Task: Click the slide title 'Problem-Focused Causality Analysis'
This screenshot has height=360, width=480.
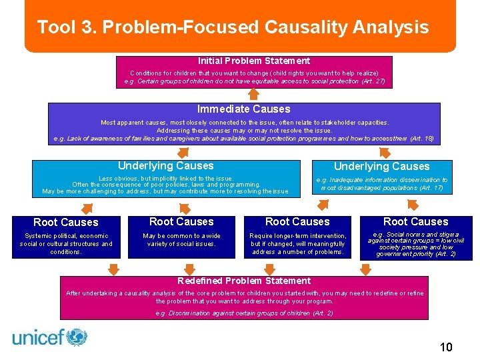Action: pos(264,27)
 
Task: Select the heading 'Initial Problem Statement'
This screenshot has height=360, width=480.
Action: pos(253,61)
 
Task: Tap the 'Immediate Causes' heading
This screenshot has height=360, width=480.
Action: pos(243,109)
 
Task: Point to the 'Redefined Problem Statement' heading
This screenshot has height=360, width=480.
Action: pos(243,281)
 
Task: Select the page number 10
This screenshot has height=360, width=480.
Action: pos(446,347)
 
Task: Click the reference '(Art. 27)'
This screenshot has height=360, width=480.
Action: pos(373,81)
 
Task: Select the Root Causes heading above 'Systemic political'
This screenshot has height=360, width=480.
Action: pos(65,222)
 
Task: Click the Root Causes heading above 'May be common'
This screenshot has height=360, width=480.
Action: pos(181,221)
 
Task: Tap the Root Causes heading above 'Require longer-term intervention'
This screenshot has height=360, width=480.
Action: pos(297,221)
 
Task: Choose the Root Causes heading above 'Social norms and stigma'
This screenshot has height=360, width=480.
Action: pos(415,221)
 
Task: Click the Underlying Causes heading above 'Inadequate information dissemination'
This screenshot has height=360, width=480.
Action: pos(381,166)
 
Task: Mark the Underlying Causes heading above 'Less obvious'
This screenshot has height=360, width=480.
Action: pos(165,165)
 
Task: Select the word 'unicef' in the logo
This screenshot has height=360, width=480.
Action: pos(37,337)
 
